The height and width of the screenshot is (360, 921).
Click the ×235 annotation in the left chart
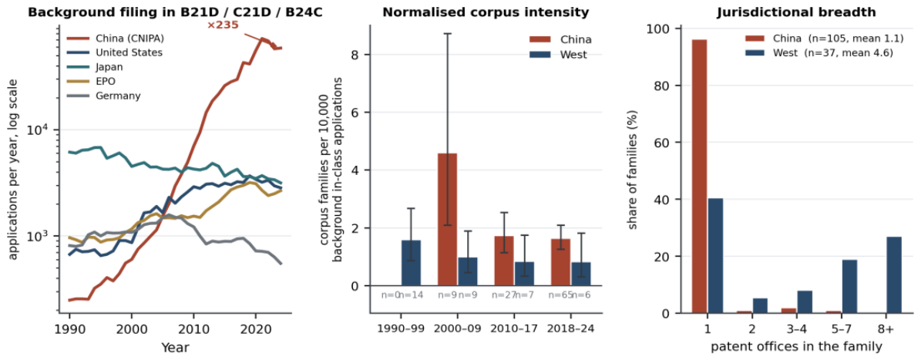pyautogui.click(x=221, y=25)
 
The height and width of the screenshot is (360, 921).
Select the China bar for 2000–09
pyautogui.click(x=448, y=220)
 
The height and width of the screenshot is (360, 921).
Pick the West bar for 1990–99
pyautogui.click(x=411, y=263)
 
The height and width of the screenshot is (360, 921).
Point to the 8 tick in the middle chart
pyautogui.click(x=368, y=55)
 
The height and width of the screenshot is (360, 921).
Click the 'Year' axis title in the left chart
pyautogui.click(x=176, y=348)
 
